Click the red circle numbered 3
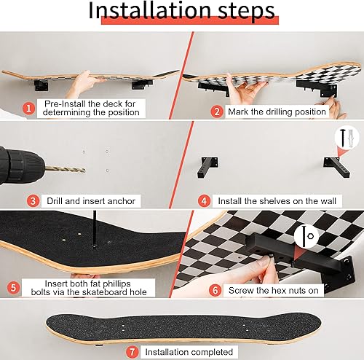click(x=33, y=200)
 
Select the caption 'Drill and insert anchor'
click(x=92, y=200)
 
